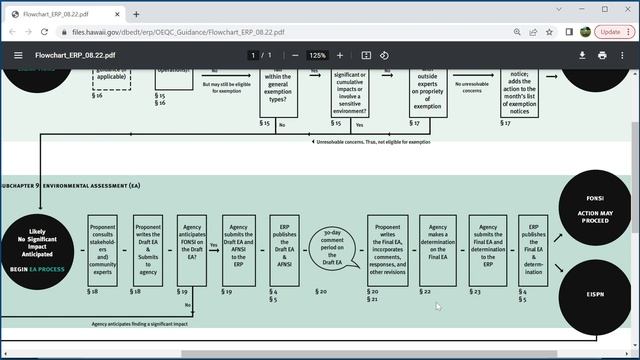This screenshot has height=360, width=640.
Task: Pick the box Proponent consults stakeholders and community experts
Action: pyautogui.click(x=103, y=250)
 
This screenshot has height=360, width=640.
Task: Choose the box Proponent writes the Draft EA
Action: pyautogui.click(x=148, y=250)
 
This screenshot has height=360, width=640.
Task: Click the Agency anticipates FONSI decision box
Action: pyautogui.click(x=191, y=250)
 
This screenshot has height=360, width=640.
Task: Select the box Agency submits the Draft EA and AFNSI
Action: pyautogui.click(x=238, y=250)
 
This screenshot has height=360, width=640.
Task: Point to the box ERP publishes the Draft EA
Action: pyautogui.click(x=284, y=250)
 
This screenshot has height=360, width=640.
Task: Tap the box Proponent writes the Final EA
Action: pyautogui.click(x=387, y=250)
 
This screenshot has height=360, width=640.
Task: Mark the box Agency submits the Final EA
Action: pyautogui.click(x=488, y=250)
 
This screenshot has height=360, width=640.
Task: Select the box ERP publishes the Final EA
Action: pyautogui.click(x=533, y=250)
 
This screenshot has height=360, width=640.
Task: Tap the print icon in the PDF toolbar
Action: pyautogui.click(x=602, y=55)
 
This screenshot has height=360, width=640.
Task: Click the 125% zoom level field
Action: pyautogui.click(x=317, y=55)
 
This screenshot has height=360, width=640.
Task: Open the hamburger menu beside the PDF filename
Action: pyautogui.click(x=18, y=55)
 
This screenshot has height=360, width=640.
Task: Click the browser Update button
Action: pyautogui.click(x=609, y=31)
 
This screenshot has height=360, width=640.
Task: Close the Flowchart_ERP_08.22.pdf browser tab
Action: pyautogui.click(x=119, y=14)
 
